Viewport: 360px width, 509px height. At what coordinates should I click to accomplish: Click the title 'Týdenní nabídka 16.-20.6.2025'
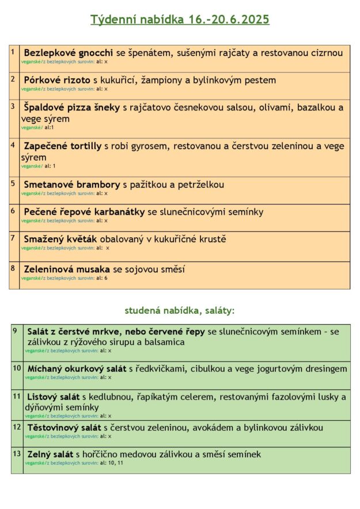[180, 20]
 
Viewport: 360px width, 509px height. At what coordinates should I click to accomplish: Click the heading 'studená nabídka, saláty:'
[180, 310]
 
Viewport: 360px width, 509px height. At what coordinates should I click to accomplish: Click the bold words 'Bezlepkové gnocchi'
[69, 53]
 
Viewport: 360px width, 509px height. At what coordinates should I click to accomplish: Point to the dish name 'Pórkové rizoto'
[57, 80]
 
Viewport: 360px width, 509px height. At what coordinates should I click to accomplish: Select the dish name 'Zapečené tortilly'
[63, 146]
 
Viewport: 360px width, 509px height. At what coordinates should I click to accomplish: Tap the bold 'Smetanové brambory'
[72, 184]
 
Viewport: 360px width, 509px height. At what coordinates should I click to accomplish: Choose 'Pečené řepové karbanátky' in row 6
[84, 212]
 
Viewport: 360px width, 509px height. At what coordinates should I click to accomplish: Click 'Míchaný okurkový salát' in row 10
[77, 369]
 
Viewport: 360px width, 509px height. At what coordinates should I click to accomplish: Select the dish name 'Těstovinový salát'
[64, 427]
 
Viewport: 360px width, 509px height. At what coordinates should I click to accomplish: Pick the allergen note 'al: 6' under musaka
[102, 278]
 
